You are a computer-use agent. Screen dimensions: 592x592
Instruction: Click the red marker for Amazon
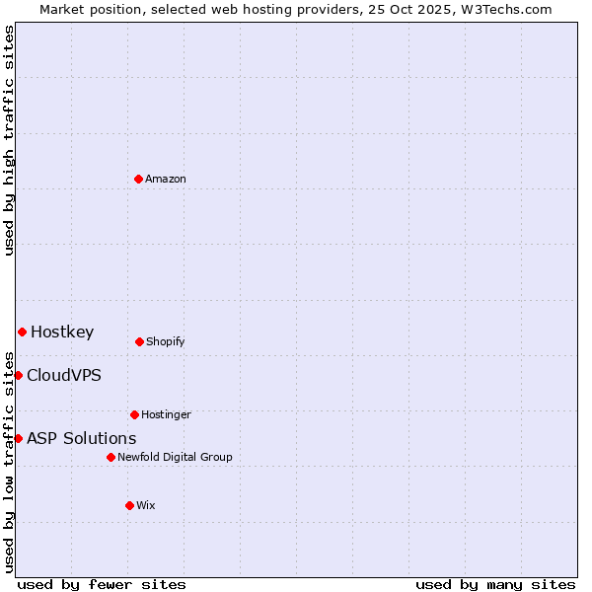point(138,179)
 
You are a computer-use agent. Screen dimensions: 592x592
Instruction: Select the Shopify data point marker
point(139,341)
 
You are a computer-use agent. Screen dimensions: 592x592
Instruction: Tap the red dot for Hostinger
point(134,414)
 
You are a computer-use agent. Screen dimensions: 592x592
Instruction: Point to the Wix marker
point(129,505)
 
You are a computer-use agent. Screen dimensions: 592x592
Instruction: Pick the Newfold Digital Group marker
point(111,457)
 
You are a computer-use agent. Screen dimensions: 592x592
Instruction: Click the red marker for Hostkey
point(22,332)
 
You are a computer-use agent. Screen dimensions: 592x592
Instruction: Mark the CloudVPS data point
point(18,375)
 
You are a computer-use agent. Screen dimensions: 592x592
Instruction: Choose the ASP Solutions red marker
point(18,438)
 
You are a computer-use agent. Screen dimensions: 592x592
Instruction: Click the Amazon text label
point(166,180)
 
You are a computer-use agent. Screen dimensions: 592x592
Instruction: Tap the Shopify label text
point(166,342)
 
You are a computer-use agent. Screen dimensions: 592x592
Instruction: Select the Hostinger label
point(166,415)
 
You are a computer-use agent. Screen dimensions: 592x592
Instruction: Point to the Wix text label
point(146,506)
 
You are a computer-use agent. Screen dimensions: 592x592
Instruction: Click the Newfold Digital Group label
point(175,458)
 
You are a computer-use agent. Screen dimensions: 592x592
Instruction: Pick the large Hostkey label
point(62,333)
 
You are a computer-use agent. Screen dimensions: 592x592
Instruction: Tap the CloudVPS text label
point(64,376)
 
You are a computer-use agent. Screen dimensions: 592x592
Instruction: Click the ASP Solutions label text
point(82,439)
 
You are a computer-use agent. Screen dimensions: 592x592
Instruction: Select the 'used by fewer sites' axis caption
point(102,584)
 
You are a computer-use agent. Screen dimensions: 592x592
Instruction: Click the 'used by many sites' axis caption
point(495,584)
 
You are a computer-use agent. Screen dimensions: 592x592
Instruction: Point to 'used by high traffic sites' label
point(9,140)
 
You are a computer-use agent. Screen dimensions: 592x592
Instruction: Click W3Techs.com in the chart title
point(502,9)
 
